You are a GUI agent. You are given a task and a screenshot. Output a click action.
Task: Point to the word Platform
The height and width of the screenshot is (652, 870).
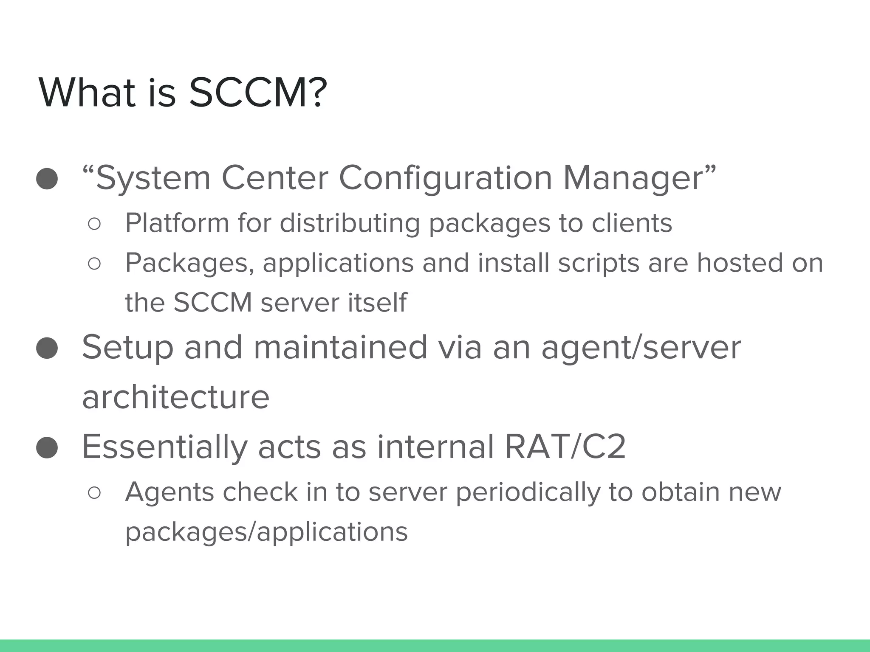[x=177, y=223]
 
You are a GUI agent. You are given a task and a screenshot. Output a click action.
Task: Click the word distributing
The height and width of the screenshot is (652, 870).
[x=350, y=223]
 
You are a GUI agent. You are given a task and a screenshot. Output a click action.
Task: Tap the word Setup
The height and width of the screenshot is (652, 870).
[x=127, y=348]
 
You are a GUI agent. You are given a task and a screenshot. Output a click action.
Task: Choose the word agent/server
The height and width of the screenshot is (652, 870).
[x=641, y=348]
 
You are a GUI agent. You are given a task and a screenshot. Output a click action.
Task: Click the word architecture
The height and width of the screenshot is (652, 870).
[x=175, y=397]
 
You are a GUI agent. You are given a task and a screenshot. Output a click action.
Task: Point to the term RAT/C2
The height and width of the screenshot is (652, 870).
[x=565, y=447]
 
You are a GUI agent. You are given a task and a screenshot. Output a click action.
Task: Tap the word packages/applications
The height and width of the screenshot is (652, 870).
[x=266, y=532]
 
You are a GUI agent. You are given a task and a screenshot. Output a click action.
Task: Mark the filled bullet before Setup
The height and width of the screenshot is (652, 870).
[x=47, y=348]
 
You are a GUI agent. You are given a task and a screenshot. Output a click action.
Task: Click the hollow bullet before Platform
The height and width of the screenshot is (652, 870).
[x=94, y=224]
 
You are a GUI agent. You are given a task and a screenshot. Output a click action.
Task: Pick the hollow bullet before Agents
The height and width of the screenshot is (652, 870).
[x=94, y=493]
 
